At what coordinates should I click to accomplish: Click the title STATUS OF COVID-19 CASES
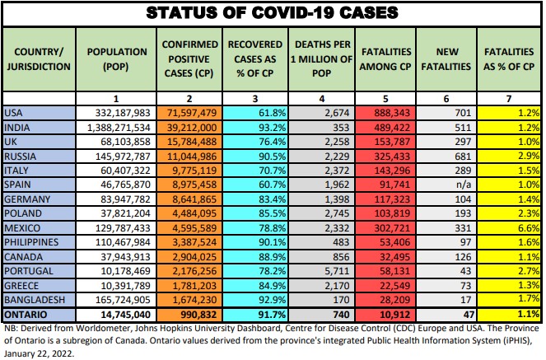[x=273, y=13]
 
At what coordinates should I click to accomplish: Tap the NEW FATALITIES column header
[x=446, y=57]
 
